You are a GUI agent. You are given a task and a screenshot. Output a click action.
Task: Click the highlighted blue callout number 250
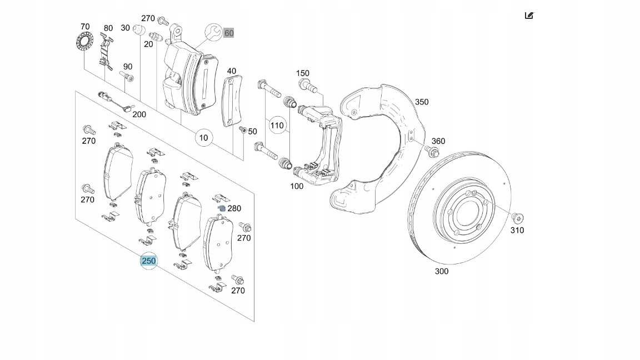[149, 261]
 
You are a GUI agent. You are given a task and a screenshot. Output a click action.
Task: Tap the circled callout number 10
[204, 137]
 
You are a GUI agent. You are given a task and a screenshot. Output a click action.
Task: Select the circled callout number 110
[277, 125]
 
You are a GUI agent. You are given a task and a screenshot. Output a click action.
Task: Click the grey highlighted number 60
[229, 33]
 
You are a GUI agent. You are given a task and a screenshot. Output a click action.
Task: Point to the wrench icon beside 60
[213, 32]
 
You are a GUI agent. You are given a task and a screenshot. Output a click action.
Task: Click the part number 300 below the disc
[442, 271]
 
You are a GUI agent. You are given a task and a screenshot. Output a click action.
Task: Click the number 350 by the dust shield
[422, 102]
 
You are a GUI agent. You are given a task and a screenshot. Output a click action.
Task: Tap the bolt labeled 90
[126, 76]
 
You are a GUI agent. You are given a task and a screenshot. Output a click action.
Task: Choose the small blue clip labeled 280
[221, 208]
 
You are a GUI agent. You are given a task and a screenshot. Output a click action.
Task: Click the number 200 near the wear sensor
[139, 114]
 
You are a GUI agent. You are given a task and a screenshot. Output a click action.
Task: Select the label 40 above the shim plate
[231, 71]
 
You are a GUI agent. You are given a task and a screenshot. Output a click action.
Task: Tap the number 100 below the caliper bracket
[297, 186]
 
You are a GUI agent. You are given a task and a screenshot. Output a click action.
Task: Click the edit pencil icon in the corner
[529, 16]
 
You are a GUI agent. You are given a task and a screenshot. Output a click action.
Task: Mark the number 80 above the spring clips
[108, 28]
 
